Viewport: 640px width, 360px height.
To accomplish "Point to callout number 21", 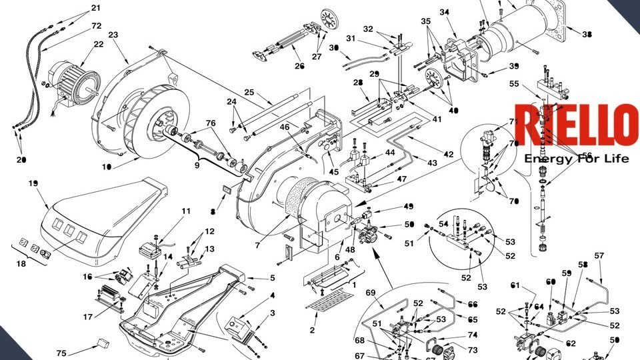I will [96, 8].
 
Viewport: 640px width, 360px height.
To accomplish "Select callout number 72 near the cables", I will [96, 25].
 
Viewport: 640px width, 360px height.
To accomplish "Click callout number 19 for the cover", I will [33, 183].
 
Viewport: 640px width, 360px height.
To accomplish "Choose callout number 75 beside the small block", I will [61, 353].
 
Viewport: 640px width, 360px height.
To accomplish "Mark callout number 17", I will [88, 317].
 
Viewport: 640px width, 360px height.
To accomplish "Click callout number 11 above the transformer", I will [186, 211].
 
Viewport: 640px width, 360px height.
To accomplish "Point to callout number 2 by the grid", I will [313, 329].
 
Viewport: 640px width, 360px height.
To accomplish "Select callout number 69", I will [371, 293].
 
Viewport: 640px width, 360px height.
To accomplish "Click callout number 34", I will [444, 11].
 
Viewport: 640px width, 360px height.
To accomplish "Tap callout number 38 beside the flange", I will [586, 34].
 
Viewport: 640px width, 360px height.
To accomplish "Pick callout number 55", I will [513, 84].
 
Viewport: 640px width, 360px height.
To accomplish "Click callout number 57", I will [599, 256].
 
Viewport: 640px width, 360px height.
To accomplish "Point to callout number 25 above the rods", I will [249, 91].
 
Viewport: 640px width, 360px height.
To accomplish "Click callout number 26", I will [299, 66].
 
